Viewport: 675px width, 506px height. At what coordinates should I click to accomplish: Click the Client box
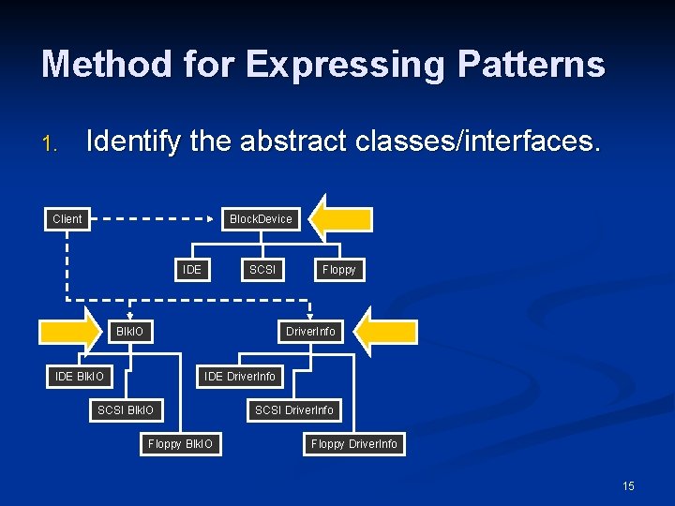click(x=67, y=219)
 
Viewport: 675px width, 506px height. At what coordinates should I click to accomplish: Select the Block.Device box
click(x=261, y=219)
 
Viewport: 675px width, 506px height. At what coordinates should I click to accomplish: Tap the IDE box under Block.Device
click(x=192, y=270)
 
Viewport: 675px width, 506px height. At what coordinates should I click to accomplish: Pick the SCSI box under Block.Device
click(x=262, y=270)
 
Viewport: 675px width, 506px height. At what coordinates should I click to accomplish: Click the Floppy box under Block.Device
click(x=338, y=270)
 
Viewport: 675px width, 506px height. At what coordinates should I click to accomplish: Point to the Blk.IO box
click(x=130, y=332)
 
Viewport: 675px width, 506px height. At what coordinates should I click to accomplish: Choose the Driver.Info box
click(x=310, y=332)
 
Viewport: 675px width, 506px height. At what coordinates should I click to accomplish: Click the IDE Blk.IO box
click(x=80, y=377)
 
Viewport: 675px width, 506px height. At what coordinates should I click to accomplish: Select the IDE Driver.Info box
click(x=240, y=377)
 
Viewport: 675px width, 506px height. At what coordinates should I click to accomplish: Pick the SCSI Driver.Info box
click(x=293, y=410)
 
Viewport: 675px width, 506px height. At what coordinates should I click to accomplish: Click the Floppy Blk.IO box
click(x=180, y=444)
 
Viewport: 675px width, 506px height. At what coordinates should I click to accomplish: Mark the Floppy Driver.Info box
click(x=354, y=444)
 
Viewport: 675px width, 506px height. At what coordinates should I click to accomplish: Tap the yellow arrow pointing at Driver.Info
click(x=387, y=332)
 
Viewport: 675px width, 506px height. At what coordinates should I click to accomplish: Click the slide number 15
click(x=628, y=485)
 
